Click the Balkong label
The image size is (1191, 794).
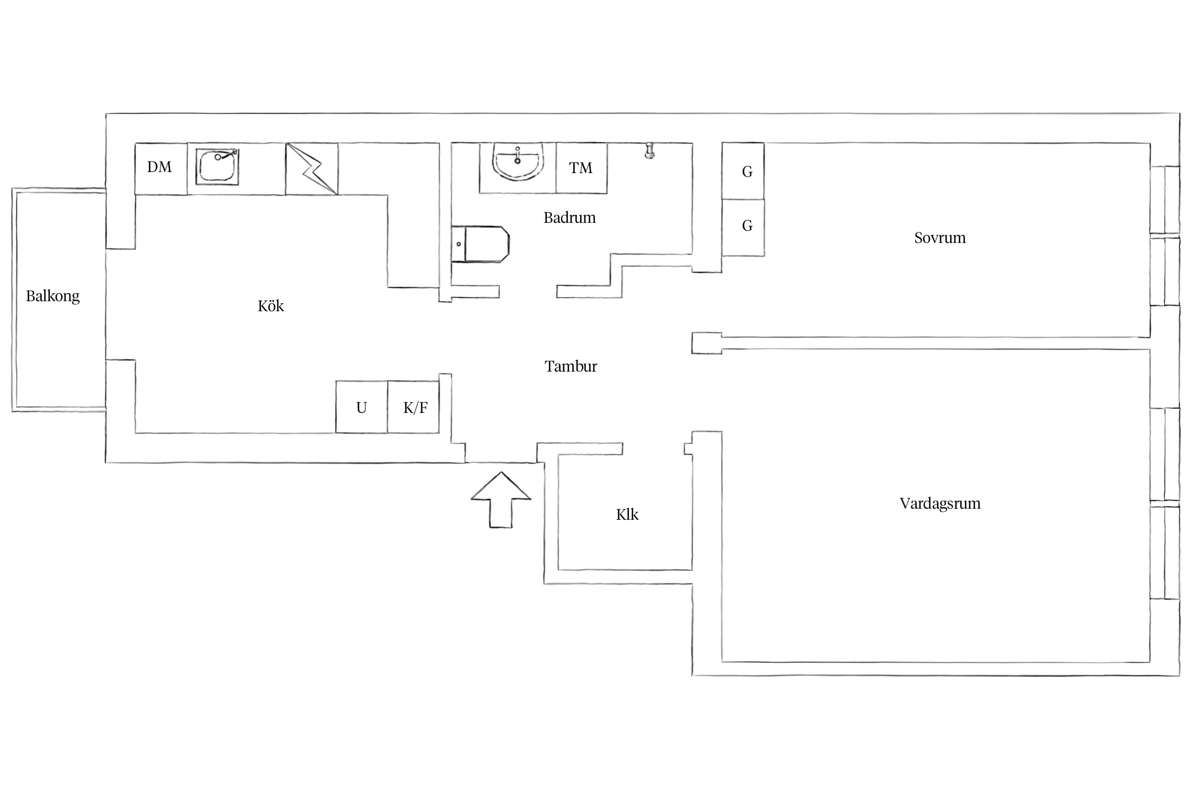(x=53, y=296)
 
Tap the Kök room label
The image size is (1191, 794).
(x=271, y=306)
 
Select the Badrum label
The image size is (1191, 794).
(x=570, y=218)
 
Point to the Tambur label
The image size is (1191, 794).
(x=571, y=366)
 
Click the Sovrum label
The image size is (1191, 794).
(x=940, y=238)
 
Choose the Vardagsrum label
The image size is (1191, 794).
(x=940, y=503)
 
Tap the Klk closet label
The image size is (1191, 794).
(x=627, y=515)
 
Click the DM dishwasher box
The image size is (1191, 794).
(x=161, y=169)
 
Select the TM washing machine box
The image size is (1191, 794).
(x=581, y=168)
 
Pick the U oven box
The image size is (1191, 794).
(x=362, y=407)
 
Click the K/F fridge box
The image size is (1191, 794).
(x=413, y=407)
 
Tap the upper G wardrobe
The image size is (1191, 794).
(x=743, y=171)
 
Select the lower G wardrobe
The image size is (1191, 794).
(x=743, y=228)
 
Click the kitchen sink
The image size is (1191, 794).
(x=217, y=167)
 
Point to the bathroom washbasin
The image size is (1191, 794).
(x=518, y=161)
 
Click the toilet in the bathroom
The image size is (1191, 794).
(x=480, y=244)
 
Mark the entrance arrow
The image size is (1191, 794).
(x=501, y=500)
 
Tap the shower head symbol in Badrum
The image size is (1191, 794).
(x=649, y=150)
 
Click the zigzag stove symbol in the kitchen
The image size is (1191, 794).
(x=312, y=169)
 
